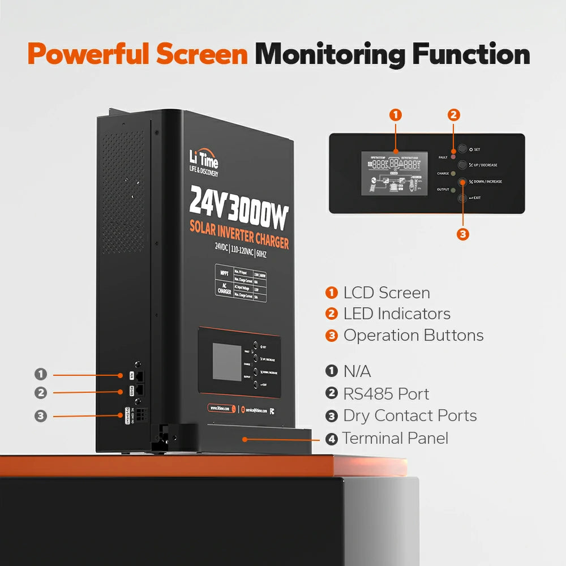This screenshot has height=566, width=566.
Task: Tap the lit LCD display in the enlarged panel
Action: [x=396, y=173]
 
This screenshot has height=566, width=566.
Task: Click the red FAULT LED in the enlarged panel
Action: [x=453, y=156]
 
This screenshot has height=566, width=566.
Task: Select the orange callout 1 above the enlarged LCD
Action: [x=396, y=115]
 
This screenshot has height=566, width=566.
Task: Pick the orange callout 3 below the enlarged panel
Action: [x=463, y=234]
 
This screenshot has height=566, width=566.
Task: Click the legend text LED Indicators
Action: [x=397, y=314]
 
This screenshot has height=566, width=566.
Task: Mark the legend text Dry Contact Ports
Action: [x=410, y=415]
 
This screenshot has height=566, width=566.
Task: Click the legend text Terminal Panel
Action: [x=395, y=438]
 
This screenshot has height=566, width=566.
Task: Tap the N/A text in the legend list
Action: [x=357, y=371]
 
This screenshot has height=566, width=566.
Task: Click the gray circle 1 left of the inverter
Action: [x=40, y=374]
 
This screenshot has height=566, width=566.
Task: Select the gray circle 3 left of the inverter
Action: [x=40, y=416]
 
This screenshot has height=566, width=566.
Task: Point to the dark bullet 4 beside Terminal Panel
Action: [x=332, y=439]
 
